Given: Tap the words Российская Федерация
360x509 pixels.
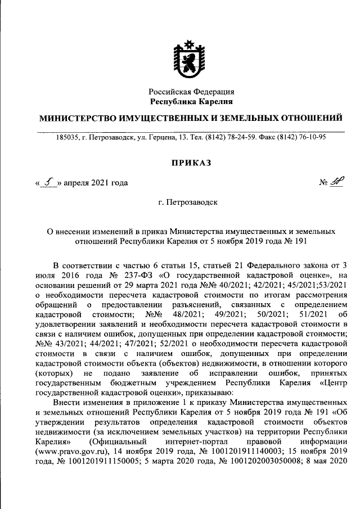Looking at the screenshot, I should [x=191, y=92].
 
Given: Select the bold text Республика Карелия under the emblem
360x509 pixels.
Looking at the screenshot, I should [x=191, y=101].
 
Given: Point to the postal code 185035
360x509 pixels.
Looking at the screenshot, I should [x=68, y=137].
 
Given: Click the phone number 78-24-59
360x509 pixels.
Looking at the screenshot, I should [x=241, y=137].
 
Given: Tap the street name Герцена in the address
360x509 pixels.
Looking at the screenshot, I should [x=159, y=137].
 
